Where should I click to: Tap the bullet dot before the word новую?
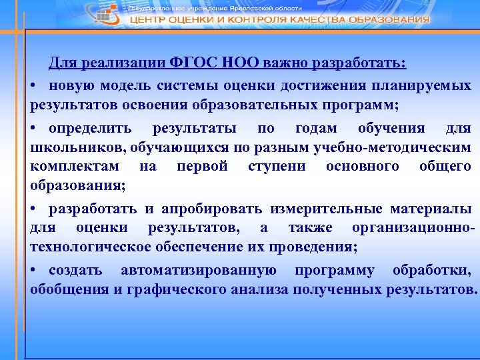pos(33,86)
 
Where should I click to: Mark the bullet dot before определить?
pos(33,127)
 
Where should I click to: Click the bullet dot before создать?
pos(33,271)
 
